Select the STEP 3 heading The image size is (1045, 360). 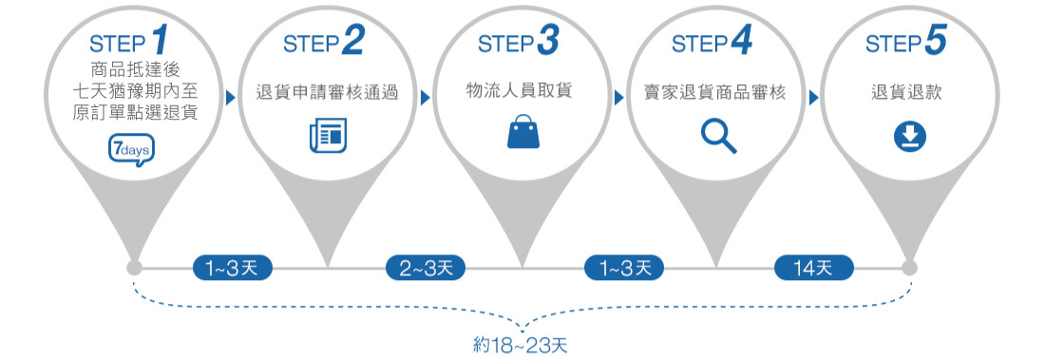[x=519, y=43]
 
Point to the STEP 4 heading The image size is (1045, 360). [x=713, y=43]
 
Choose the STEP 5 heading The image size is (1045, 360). [x=908, y=43]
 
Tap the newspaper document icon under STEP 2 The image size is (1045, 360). [x=328, y=135]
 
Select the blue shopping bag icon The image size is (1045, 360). [x=522, y=133]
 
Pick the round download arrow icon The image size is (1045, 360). [x=910, y=139]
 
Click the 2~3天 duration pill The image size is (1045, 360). [x=425, y=269]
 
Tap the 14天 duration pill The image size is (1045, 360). [x=814, y=269]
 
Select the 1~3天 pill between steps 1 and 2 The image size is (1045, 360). [x=232, y=269]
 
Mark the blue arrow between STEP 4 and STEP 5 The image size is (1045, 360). [x=814, y=97]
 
